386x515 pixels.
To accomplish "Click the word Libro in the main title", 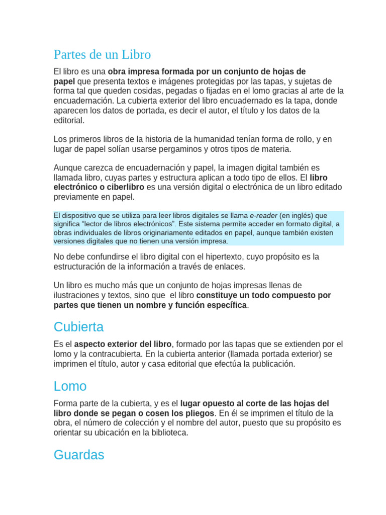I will pos(136,54).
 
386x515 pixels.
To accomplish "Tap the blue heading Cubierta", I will pos(78,327).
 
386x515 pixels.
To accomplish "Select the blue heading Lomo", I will pos(70,386).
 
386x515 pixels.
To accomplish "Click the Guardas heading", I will pos(78,455).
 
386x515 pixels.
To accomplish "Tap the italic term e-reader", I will pos(263,216).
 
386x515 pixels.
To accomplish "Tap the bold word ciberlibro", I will pos(124,187).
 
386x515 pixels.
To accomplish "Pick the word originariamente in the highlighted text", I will pos(167,232).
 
